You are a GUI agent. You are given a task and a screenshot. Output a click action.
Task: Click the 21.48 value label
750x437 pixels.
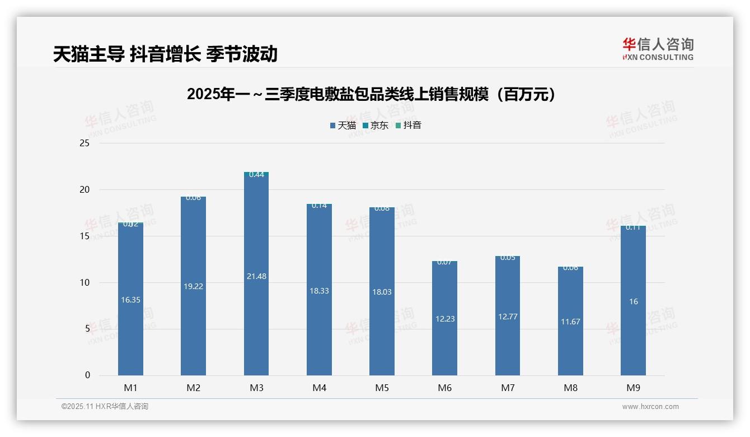(x=256, y=276)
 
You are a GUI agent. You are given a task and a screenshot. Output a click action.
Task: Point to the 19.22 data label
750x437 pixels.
(x=194, y=286)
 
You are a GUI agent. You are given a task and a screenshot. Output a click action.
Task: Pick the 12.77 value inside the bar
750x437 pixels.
(x=508, y=317)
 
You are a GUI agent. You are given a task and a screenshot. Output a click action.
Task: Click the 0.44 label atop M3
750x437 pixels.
(x=256, y=175)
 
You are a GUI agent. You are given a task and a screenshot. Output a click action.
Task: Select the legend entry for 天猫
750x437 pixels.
(x=343, y=125)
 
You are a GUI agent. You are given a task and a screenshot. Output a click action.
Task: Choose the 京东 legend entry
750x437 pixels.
(x=376, y=125)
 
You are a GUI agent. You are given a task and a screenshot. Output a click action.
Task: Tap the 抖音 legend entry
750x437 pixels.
(x=409, y=125)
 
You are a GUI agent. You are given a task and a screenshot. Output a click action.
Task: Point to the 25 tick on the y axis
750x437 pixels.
(x=85, y=143)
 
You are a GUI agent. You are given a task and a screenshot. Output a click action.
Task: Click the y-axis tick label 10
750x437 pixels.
(x=85, y=282)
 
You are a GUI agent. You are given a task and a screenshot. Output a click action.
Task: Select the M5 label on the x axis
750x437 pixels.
(x=382, y=388)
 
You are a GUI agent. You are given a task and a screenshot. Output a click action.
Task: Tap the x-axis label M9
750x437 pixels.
(x=633, y=388)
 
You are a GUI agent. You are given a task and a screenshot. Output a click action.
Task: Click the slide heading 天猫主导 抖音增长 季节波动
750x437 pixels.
(x=165, y=54)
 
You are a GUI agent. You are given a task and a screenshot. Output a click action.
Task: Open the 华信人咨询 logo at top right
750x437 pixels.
(x=658, y=49)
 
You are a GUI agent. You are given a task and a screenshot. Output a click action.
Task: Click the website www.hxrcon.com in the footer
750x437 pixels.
(x=650, y=407)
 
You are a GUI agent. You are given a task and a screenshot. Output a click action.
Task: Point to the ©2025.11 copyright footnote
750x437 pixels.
(x=105, y=407)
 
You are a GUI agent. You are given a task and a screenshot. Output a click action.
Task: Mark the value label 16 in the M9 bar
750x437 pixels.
(x=633, y=301)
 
